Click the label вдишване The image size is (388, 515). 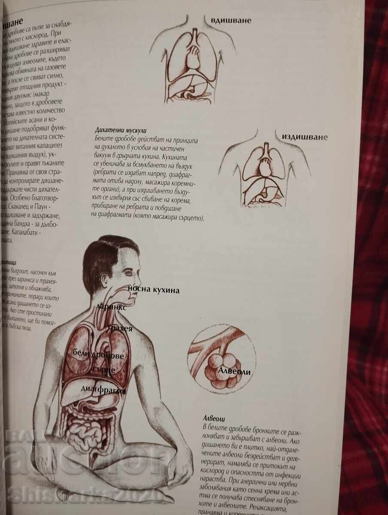click(230, 20)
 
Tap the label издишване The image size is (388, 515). click(304, 137)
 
